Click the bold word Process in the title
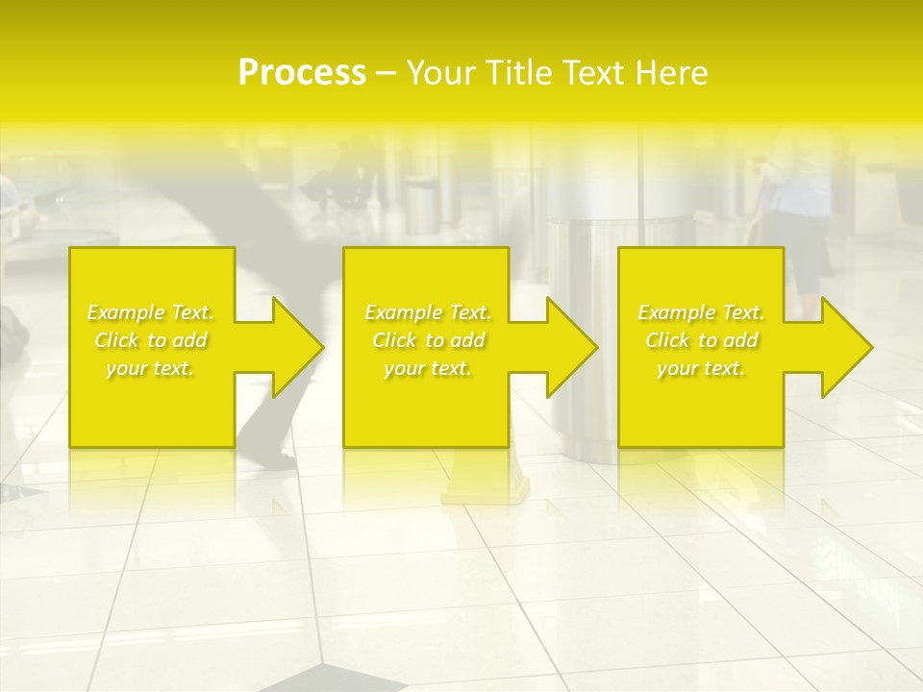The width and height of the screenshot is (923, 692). (302, 72)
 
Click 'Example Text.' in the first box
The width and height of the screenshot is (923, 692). (150, 312)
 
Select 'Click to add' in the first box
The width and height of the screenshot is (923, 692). (150, 340)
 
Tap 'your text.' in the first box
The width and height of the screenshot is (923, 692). (150, 368)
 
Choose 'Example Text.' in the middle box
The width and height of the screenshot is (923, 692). (428, 312)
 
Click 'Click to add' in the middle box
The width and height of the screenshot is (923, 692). (428, 340)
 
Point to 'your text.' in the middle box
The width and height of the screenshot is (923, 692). (428, 368)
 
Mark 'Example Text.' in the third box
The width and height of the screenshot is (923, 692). (701, 312)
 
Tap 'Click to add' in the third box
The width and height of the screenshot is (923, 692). (701, 340)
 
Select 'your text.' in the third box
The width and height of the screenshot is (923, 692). (701, 368)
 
